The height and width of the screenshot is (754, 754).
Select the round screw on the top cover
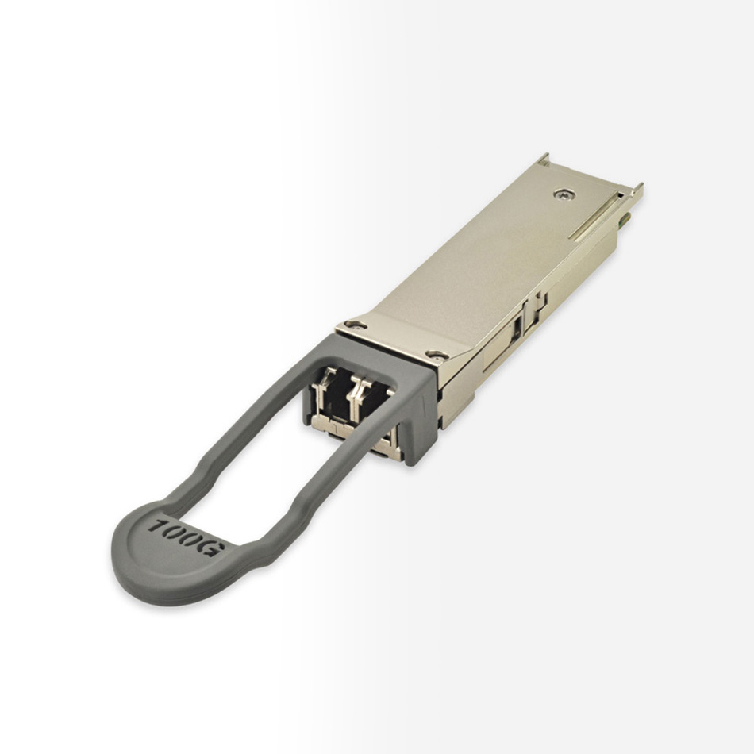point(564,194)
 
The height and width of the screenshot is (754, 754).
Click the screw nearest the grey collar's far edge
point(356,325)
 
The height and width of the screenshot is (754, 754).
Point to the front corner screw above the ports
point(437,356)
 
